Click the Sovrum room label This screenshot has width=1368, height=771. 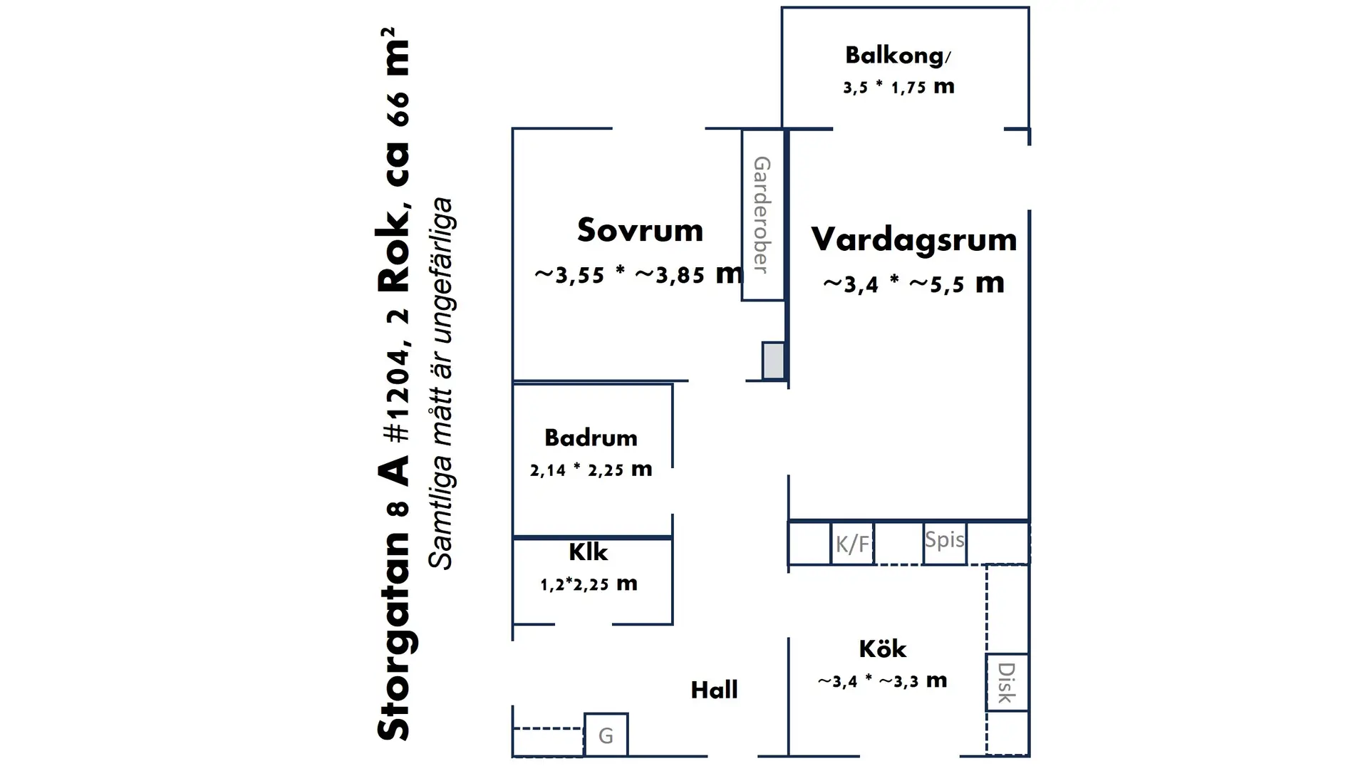click(640, 230)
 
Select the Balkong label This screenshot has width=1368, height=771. click(898, 56)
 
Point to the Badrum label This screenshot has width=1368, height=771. click(591, 438)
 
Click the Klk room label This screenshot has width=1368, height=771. click(588, 552)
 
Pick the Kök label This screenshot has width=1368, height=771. click(882, 648)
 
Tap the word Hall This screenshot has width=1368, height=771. click(714, 690)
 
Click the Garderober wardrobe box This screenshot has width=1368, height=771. click(763, 214)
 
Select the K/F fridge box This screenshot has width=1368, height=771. click(852, 544)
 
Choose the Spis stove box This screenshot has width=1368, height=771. click(945, 544)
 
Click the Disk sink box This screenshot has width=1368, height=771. click(1007, 682)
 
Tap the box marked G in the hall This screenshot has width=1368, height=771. click(606, 735)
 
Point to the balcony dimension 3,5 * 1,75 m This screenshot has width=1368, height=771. click(898, 87)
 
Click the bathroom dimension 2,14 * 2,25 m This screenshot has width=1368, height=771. click(591, 470)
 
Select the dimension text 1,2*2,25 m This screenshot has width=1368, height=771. click(589, 584)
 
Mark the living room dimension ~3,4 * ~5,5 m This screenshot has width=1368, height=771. click(913, 284)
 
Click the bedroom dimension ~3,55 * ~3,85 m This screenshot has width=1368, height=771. click(639, 274)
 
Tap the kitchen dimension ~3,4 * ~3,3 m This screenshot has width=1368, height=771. click(882, 681)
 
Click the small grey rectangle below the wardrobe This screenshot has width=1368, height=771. click(773, 361)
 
